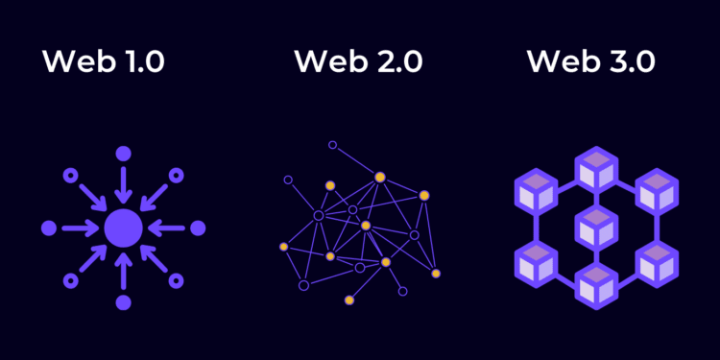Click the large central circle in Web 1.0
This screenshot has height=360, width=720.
(123, 228)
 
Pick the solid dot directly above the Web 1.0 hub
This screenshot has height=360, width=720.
(123, 154)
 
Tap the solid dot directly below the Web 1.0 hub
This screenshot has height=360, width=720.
(123, 302)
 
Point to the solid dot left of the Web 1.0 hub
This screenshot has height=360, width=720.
(48, 228)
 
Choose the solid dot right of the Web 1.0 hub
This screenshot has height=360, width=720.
(198, 228)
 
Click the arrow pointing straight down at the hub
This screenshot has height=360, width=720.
(123, 183)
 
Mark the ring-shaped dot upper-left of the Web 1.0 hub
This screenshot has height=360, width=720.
(70, 176)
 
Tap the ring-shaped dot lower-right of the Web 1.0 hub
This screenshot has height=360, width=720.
(176, 280)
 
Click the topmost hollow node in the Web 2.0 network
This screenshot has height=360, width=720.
(333, 145)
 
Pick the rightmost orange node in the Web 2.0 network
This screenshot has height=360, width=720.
(436, 274)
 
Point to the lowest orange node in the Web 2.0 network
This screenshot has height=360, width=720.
(349, 300)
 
